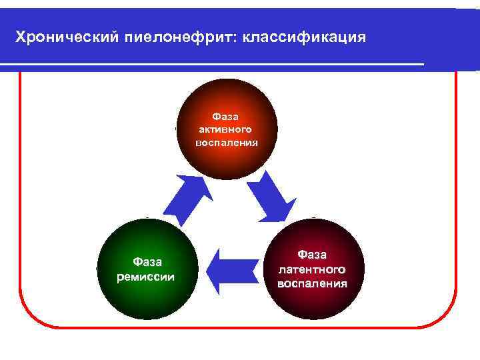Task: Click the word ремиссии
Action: tap(146, 276)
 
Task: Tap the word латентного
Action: tap(313, 269)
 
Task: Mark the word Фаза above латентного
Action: tap(313, 255)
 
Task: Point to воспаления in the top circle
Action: tap(226, 142)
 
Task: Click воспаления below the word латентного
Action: tap(313, 283)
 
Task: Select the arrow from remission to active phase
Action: tap(187, 199)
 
